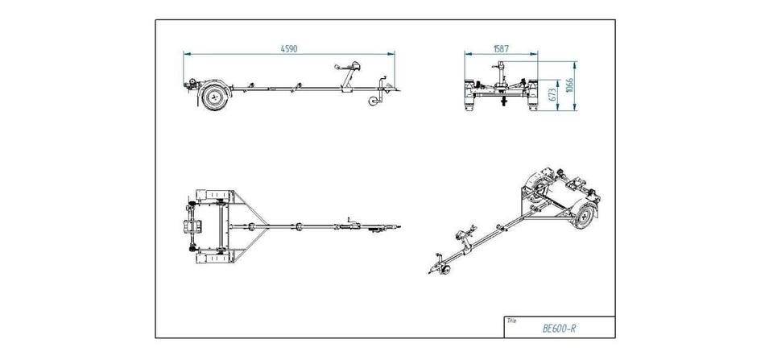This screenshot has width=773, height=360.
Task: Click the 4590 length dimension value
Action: (x=289, y=49)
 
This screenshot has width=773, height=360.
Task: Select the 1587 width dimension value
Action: (x=501, y=49)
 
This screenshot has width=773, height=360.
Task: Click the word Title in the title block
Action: (x=511, y=320)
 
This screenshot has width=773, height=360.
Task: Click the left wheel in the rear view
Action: (x=469, y=97)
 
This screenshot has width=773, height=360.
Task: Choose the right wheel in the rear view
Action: (x=532, y=97)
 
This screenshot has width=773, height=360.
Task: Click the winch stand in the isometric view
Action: (x=465, y=238)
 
